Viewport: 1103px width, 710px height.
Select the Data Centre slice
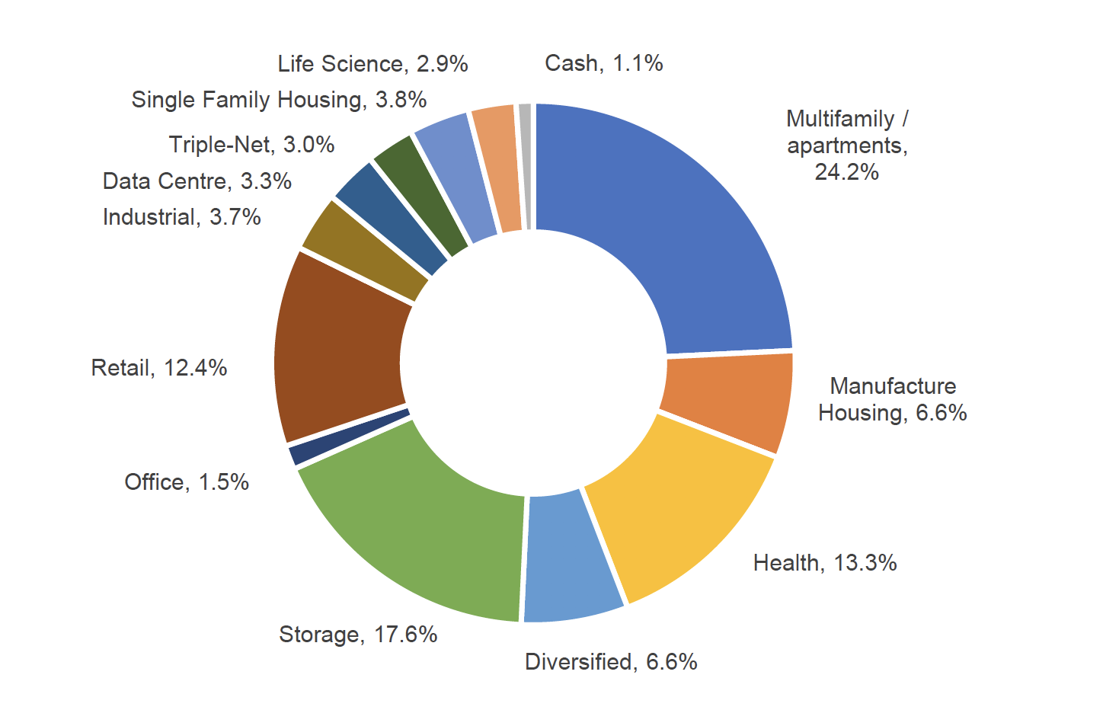pyautogui.click(x=392, y=219)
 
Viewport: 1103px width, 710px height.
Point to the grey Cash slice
pyautogui.click(x=526, y=166)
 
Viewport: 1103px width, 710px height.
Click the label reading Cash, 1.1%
pyautogui.click(x=603, y=63)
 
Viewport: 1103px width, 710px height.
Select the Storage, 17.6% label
pyautogui.click(x=358, y=635)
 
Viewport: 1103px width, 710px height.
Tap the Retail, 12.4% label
pyautogui.click(x=159, y=368)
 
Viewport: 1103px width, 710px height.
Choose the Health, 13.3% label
pyautogui.click(x=825, y=563)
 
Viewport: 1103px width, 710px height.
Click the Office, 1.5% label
pyautogui.click(x=187, y=482)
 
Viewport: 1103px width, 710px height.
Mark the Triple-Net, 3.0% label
pyautogui.click(x=251, y=145)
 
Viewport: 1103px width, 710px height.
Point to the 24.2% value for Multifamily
pyautogui.click(x=846, y=172)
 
